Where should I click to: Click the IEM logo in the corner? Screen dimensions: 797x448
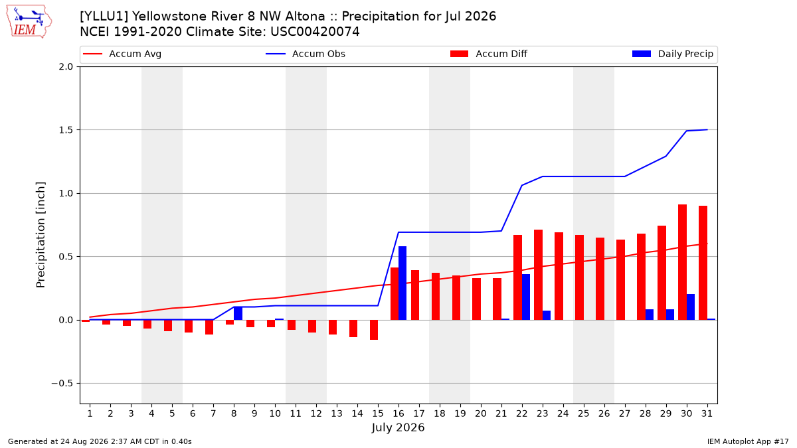click(x=29, y=22)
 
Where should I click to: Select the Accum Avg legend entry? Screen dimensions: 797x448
click(x=122, y=54)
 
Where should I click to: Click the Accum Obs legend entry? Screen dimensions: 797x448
click(x=306, y=54)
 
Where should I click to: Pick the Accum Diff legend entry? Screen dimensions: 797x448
click(x=489, y=54)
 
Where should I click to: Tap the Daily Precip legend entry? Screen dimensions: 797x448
click(x=672, y=54)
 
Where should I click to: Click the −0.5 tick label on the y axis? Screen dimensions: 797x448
click(x=62, y=384)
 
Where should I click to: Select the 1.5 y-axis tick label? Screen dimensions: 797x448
click(x=66, y=130)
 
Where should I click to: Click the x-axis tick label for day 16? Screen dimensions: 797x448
click(x=398, y=413)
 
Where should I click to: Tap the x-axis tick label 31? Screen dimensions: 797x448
click(x=707, y=413)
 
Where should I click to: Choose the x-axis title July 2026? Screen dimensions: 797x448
click(x=398, y=427)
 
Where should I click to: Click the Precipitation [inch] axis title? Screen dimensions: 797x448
click(x=41, y=235)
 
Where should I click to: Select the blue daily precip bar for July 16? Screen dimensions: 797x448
click(x=402, y=283)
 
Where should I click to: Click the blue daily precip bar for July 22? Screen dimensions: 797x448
click(x=526, y=297)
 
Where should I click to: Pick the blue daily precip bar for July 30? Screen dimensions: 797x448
click(x=691, y=307)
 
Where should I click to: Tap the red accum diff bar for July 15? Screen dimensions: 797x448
click(x=374, y=330)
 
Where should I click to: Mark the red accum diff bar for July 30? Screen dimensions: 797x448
click(x=683, y=262)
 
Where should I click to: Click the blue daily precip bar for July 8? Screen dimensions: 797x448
click(x=238, y=313)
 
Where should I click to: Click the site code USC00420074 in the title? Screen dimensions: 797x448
click(x=315, y=32)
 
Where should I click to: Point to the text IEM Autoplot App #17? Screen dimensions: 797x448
click(x=748, y=441)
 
